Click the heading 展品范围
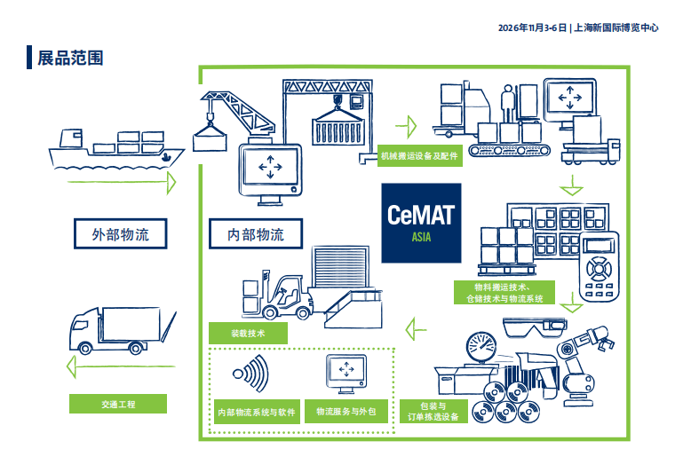70,59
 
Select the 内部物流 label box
256,234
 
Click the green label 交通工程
119,403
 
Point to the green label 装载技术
248,333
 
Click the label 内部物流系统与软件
257,412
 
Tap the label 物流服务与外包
345,412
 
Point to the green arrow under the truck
115,367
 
